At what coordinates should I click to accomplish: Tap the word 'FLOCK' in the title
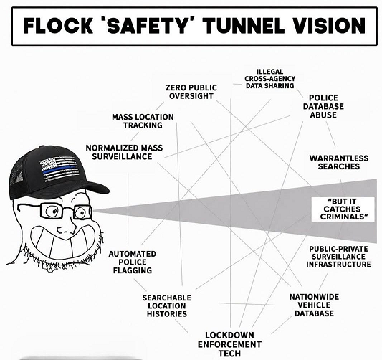(x=58, y=26)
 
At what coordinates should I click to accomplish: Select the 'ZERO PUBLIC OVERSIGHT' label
(x=191, y=92)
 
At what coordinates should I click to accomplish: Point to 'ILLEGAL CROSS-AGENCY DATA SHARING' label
(x=270, y=79)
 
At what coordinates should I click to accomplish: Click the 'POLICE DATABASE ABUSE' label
(x=323, y=106)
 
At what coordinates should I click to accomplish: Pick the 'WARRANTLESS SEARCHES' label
(x=339, y=162)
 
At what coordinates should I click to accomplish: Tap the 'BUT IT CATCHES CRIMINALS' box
(x=343, y=209)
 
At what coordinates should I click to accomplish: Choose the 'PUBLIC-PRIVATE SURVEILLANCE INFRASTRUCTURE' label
(x=338, y=257)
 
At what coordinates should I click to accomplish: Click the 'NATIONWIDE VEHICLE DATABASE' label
(x=315, y=305)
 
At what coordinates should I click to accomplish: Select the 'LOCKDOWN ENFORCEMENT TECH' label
(x=229, y=344)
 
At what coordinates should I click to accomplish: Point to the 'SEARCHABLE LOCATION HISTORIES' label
(x=167, y=305)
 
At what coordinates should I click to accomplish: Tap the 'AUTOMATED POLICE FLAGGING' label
(x=133, y=262)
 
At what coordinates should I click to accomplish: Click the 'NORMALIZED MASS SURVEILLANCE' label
(x=124, y=152)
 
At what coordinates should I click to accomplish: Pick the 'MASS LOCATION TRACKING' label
(x=143, y=121)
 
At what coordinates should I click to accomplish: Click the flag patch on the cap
(x=59, y=169)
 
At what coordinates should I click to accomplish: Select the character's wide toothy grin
(x=66, y=241)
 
